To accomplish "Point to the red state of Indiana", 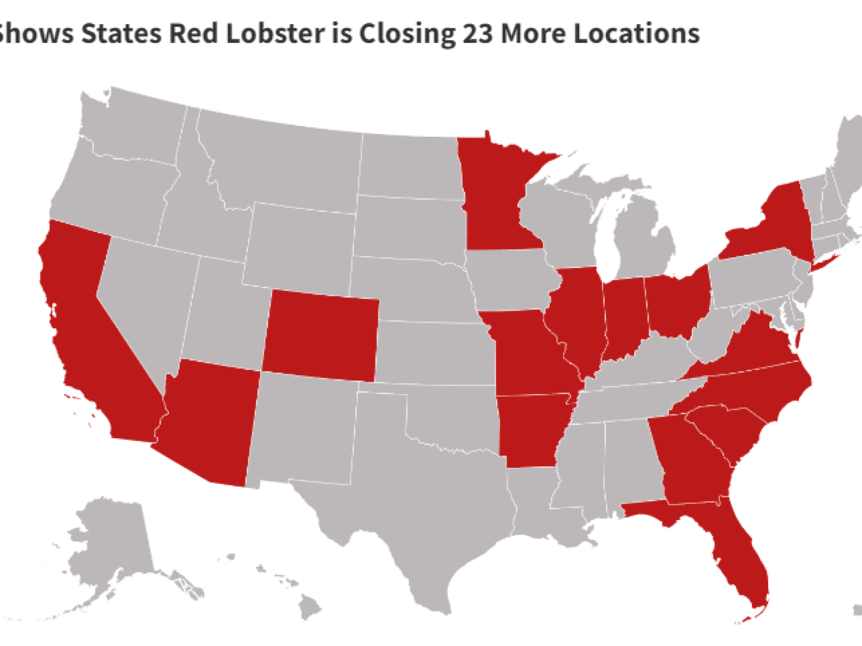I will (x=625, y=318).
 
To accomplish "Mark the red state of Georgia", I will (x=690, y=463).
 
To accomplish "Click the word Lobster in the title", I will (x=275, y=33).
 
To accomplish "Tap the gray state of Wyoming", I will (x=299, y=248).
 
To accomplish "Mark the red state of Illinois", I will (x=579, y=318).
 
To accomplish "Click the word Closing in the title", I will (x=407, y=33).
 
